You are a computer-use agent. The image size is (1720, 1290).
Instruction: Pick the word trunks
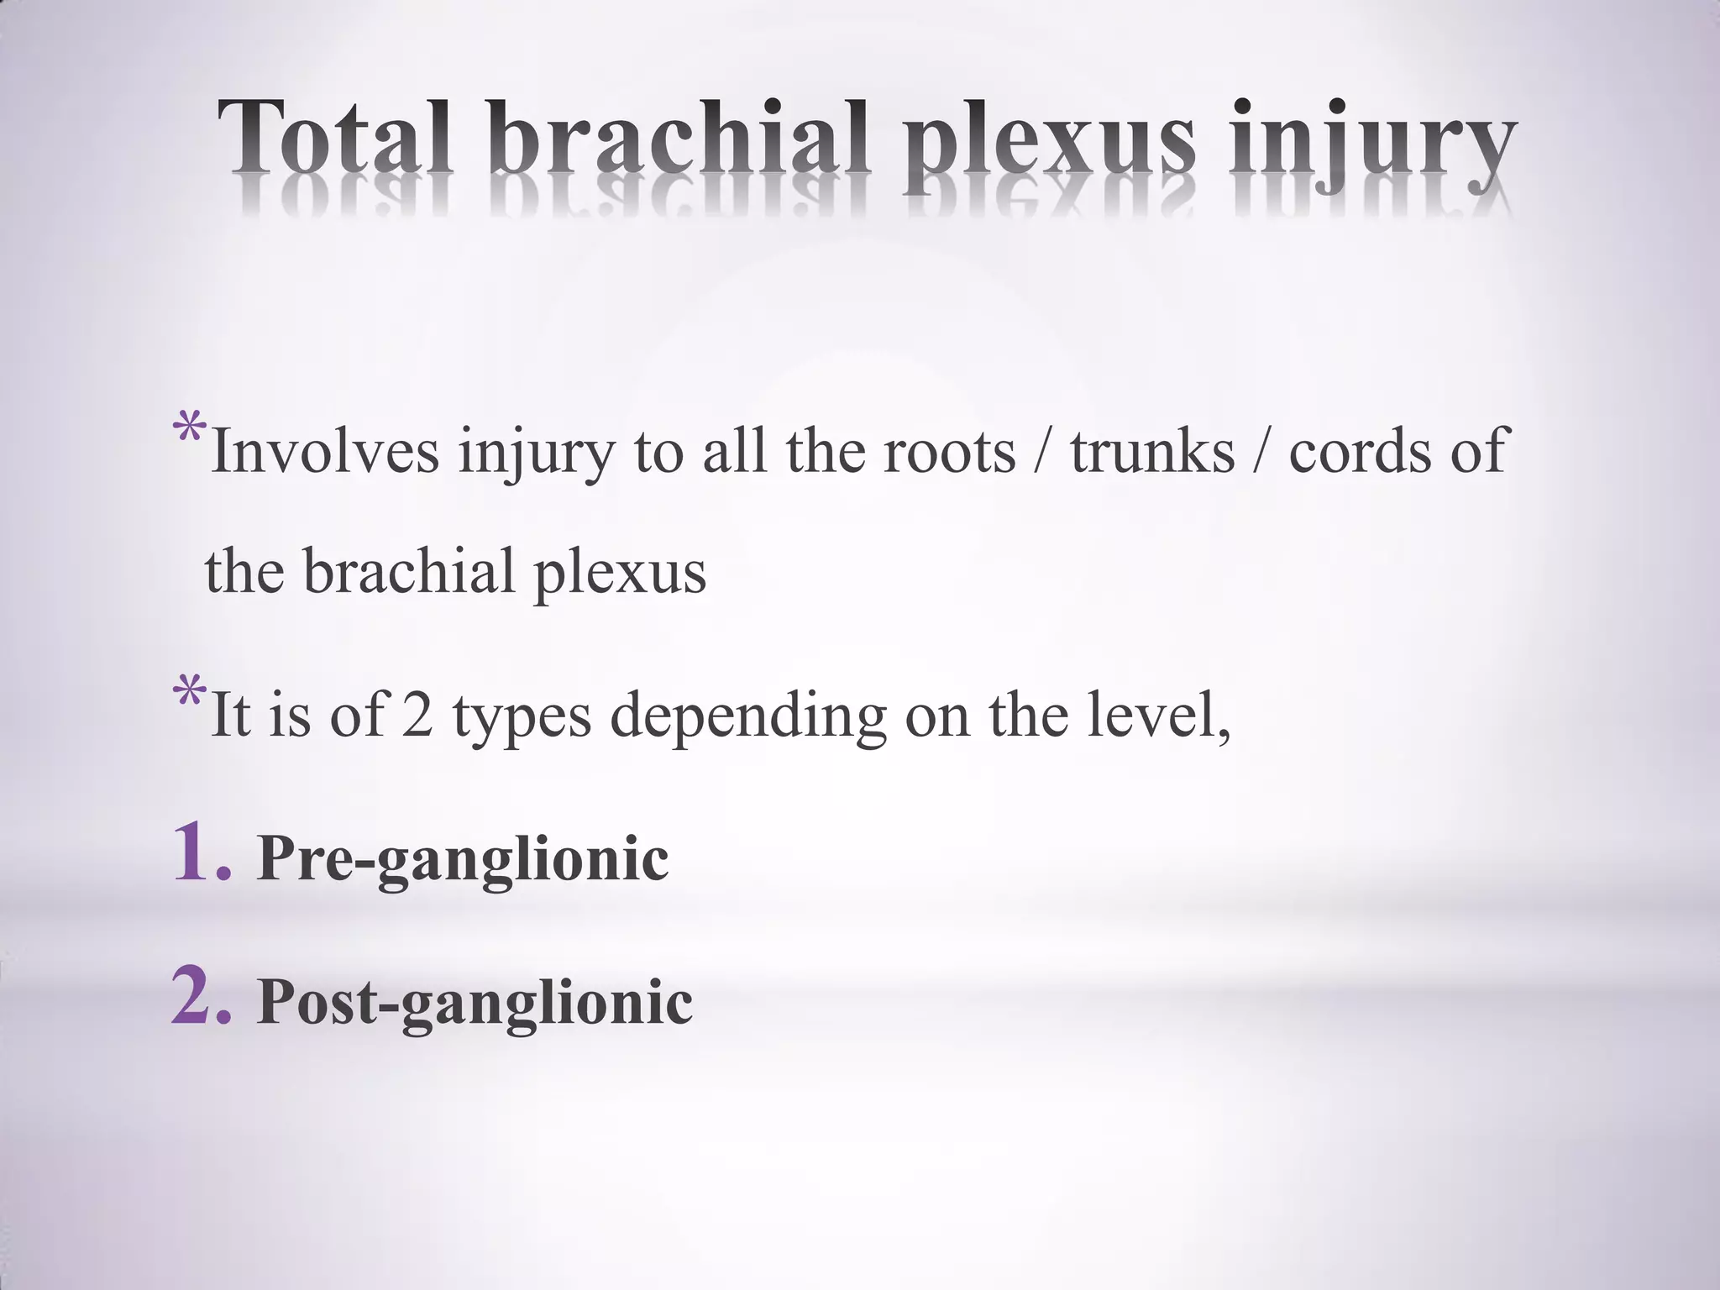point(1152,452)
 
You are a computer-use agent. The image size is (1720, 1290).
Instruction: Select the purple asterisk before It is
point(189,693)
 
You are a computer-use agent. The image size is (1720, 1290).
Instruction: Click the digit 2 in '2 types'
point(417,716)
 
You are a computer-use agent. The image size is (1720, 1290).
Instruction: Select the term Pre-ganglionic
point(463,860)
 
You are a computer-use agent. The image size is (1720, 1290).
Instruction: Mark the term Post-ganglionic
point(475,1003)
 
